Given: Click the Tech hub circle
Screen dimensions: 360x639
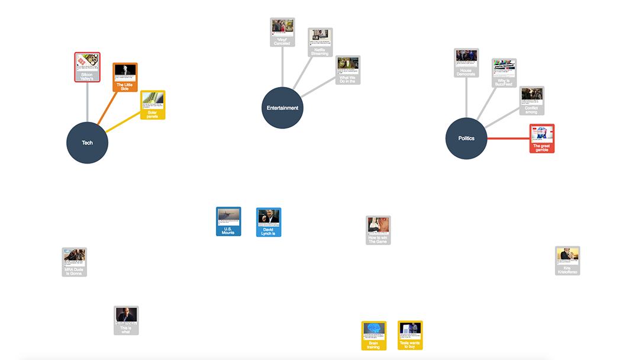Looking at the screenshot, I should pos(88,143).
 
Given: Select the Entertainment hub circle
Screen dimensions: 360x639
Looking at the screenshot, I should pos(283,108).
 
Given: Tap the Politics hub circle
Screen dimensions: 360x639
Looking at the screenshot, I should pos(466,139).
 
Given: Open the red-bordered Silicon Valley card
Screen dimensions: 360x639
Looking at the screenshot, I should pos(87,67).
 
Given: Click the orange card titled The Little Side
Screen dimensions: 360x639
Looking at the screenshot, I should pos(125,77).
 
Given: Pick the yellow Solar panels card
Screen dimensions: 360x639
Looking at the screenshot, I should pos(153,105).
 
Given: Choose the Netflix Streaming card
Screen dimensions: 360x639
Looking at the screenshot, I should pos(320,42).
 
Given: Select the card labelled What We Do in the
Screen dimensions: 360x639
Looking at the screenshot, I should pos(348,70).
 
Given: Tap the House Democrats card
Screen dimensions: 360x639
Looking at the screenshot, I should pos(466,63).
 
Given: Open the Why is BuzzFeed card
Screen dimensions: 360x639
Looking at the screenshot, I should pos(504,73).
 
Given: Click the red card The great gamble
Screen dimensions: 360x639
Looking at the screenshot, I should pos(541,139).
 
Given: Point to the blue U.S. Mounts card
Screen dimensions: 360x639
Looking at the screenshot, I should pos(228,221).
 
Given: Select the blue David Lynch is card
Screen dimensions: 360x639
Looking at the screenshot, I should pos(269,222).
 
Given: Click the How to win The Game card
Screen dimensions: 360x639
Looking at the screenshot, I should pos(378,230).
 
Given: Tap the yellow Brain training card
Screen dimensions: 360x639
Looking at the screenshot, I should pos(374,335).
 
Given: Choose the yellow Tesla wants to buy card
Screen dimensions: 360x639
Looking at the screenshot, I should pos(410,335).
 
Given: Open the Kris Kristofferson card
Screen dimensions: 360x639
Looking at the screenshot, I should pos(567,261).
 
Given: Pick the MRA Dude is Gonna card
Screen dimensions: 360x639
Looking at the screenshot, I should pos(75,262).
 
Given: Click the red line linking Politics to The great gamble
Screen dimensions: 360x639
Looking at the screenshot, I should pos(508,139).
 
